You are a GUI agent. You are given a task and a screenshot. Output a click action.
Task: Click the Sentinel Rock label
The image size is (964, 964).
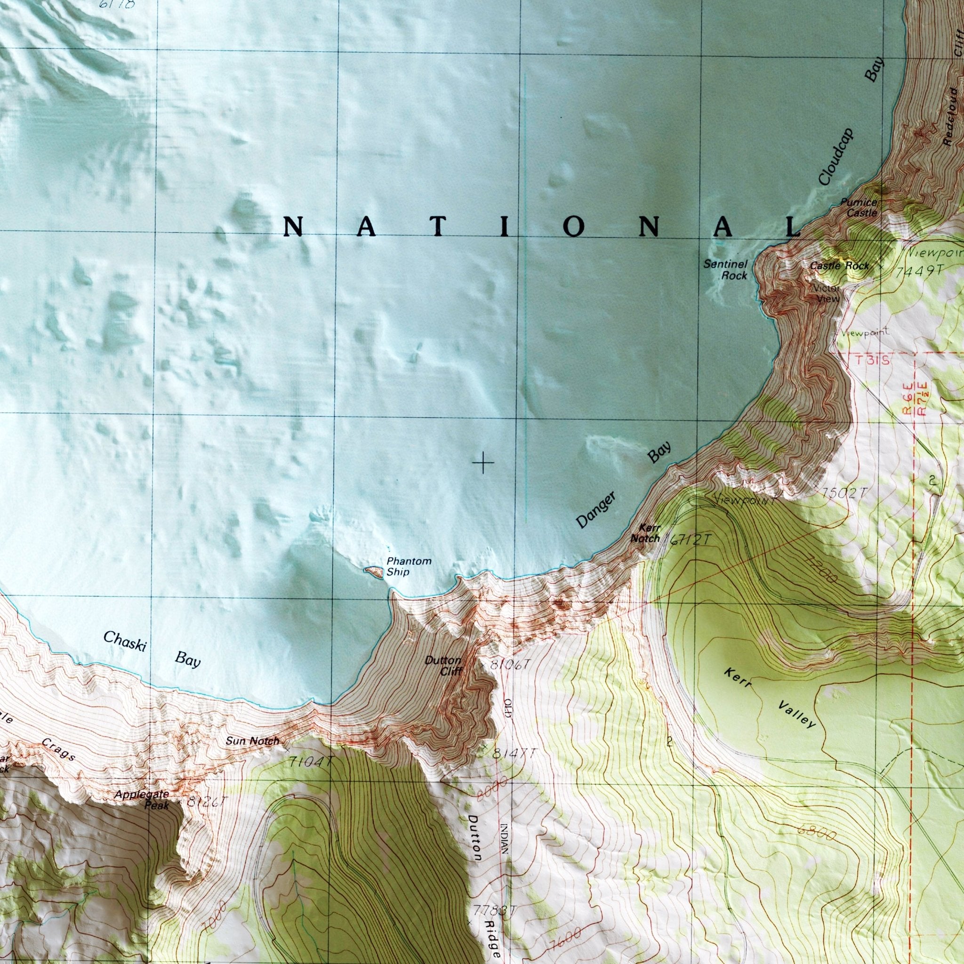click(x=725, y=269)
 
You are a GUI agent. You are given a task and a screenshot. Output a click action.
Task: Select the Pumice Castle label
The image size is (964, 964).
click(x=862, y=207)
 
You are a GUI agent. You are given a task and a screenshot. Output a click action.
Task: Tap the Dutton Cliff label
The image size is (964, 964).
click(x=443, y=666)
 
